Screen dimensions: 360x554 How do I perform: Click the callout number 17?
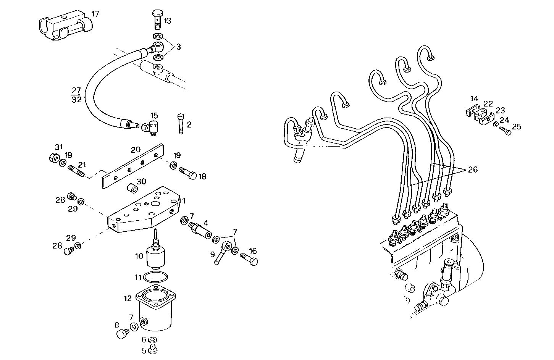[x=95, y=14]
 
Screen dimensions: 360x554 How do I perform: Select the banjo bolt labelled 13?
[x=157, y=19]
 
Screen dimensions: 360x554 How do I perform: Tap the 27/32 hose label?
[x=76, y=95]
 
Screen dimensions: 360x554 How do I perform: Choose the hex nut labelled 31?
[x=54, y=157]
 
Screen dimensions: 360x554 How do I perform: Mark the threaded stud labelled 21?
[x=77, y=170]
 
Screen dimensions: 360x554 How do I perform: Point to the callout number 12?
[x=128, y=298]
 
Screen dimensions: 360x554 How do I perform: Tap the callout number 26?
[x=473, y=170]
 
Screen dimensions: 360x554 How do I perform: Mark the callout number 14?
[x=474, y=99]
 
